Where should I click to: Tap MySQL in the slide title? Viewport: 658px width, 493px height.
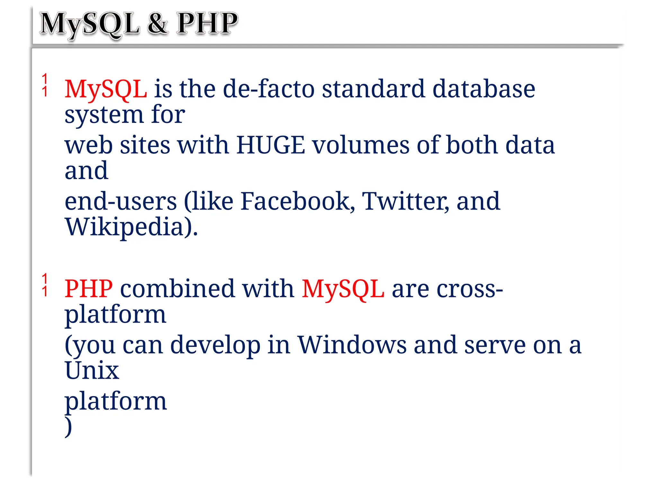coord(89,24)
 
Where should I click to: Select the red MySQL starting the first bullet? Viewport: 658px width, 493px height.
coord(106,89)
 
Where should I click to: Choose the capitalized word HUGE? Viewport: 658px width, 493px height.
coord(271,145)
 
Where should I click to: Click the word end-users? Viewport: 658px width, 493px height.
coord(120,202)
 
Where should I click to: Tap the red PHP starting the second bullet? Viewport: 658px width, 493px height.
coord(89,289)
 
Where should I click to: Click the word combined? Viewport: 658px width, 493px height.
coord(177,289)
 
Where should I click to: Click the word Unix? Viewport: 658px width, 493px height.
coord(92,370)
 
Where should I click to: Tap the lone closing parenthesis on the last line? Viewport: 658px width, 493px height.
coord(68,427)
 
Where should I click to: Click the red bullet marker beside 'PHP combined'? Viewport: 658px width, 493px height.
coord(45,284)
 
